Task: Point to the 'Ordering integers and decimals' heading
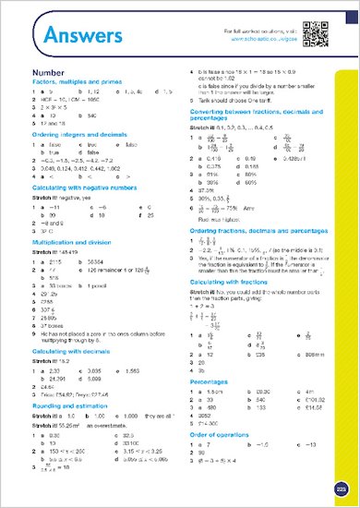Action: (x=77, y=135)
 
